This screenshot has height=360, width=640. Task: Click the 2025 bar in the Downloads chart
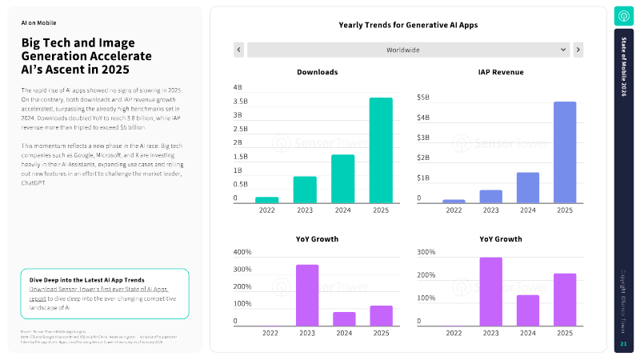click(x=381, y=150)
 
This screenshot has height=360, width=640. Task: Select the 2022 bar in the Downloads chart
click(x=266, y=200)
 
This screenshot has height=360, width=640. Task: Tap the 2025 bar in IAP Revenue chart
click(x=565, y=152)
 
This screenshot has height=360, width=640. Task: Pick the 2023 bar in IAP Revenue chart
click(x=491, y=196)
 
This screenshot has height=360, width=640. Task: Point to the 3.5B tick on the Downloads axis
click(x=240, y=102)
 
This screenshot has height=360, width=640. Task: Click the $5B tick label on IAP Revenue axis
click(x=424, y=98)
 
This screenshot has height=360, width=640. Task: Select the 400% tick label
click(x=242, y=252)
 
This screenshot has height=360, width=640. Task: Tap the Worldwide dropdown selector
click(x=407, y=50)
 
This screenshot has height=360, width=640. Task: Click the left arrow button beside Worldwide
click(x=238, y=50)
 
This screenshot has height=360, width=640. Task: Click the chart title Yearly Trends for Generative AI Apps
click(x=408, y=26)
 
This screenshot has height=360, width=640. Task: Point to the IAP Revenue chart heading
click(x=501, y=72)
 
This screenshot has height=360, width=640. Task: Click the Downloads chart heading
click(x=317, y=72)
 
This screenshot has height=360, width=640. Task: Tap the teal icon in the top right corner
click(x=623, y=16)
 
